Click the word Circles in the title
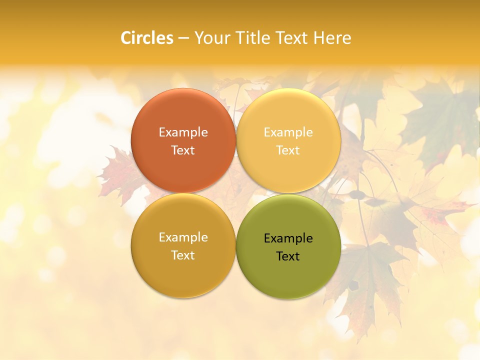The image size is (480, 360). [x=146, y=37]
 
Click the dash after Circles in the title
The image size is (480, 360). [x=183, y=38]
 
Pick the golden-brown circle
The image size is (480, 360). [x=183, y=272]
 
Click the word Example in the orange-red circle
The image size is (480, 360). [x=183, y=132]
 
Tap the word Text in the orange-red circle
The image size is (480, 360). [x=183, y=150]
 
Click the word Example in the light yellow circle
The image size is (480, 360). [x=288, y=132]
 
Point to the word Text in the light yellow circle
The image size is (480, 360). [x=288, y=150]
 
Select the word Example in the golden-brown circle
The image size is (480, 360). [x=183, y=237]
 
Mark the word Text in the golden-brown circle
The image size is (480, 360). [x=183, y=255]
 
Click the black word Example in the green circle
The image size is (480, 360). [x=288, y=238]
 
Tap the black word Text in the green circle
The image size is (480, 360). [x=288, y=256]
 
